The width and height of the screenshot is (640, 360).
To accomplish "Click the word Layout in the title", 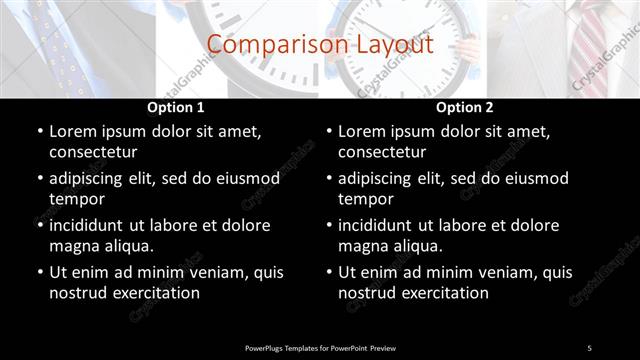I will pyautogui.click(x=395, y=45).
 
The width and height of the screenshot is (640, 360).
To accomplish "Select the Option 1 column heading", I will pyautogui.click(x=176, y=107).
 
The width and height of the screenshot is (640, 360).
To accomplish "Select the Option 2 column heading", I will pyautogui.click(x=465, y=107).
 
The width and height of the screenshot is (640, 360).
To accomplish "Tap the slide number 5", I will pyautogui.click(x=589, y=347).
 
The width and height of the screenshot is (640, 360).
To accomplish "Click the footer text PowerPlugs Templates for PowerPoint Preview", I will pyautogui.click(x=320, y=347).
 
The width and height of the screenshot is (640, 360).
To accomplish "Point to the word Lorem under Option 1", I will pyautogui.click(x=74, y=131).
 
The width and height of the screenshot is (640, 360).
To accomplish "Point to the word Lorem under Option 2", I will pyautogui.click(x=363, y=131).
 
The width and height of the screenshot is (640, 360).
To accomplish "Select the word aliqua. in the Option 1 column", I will pyautogui.click(x=126, y=246).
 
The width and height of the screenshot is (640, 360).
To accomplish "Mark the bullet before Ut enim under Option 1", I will pyautogui.click(x=38, y=271).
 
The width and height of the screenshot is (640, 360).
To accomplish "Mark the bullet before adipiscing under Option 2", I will pyautogui.click(x=327, y=178).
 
